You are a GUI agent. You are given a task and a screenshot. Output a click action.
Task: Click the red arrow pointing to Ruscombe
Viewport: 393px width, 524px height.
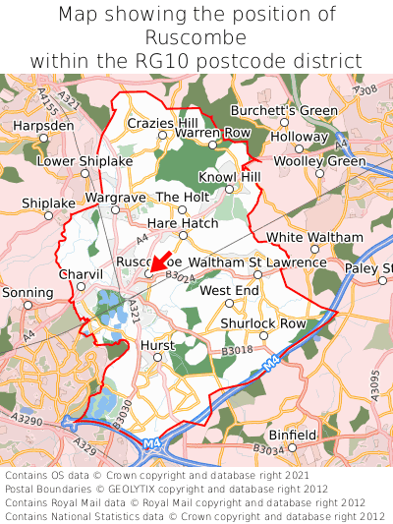160,262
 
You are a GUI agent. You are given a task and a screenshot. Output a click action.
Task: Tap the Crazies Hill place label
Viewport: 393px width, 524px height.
162,123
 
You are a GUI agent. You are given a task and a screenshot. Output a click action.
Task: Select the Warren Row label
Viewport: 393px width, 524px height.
213,132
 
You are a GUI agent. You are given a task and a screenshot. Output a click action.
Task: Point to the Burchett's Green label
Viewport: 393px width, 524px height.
284,110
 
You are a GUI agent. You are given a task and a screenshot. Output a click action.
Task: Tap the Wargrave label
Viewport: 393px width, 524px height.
115,198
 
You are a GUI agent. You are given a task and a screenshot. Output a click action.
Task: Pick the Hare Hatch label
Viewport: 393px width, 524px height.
183,223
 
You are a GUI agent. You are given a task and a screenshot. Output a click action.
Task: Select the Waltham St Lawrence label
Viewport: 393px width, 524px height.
256,263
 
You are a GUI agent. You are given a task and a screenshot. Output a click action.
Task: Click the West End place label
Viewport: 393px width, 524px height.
229,291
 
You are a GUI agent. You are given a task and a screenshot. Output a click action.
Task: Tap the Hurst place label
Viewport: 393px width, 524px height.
157,346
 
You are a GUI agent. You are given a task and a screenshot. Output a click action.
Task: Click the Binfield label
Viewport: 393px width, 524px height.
293,434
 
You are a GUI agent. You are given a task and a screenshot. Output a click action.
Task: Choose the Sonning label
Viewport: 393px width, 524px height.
28,293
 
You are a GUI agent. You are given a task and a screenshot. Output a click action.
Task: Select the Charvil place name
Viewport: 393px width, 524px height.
81,273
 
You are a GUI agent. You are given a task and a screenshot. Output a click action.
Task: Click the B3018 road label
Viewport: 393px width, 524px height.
237,350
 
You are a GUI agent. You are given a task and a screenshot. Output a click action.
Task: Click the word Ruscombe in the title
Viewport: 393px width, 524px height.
196,37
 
